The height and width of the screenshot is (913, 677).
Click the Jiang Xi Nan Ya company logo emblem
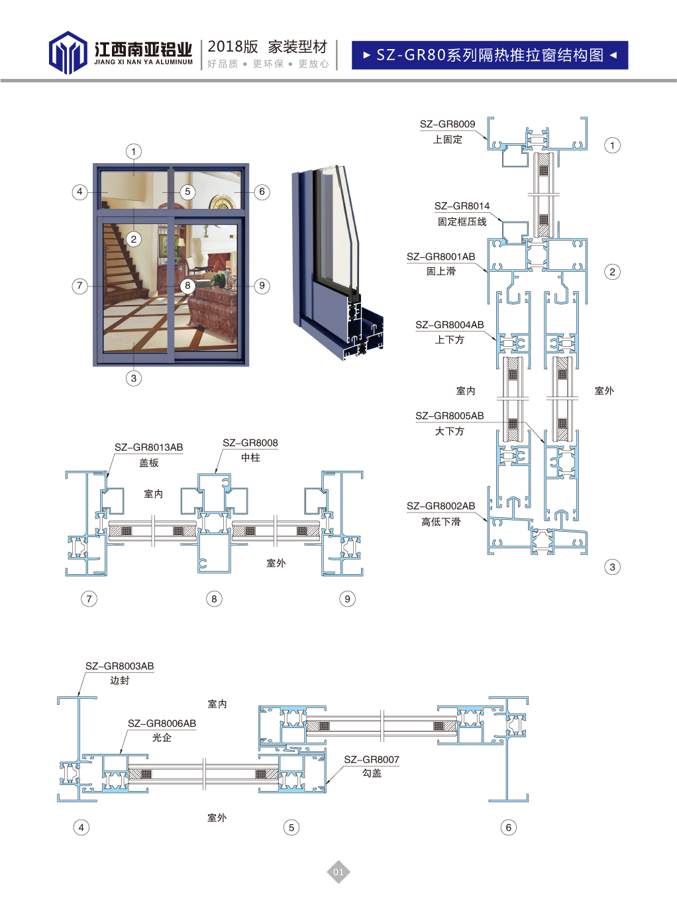point(68,53)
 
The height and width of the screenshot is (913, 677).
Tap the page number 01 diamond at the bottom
point(338,872)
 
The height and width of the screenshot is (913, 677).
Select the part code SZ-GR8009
point(447,124)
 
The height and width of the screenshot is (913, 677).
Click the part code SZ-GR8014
point(462,206)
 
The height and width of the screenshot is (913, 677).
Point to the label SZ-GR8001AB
point(441,257)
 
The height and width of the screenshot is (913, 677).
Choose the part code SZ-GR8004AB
point(449,325)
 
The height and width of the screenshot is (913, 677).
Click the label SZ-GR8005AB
point(449,416)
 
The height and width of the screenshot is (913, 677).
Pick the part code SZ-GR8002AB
point(441,506)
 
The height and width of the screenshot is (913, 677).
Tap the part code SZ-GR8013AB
point(148,448)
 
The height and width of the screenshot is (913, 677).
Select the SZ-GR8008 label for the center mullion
point(250,443)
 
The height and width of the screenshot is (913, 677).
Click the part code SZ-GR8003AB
point(119,666)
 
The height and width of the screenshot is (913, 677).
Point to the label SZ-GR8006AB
point(162,723)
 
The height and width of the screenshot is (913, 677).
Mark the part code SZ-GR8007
point(371,760)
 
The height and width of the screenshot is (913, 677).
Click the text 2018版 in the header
point(233,47)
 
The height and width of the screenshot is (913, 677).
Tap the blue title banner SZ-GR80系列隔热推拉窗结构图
point(490,55)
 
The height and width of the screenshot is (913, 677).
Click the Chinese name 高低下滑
point(441,522)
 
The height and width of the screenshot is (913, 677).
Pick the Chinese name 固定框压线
point(462,221)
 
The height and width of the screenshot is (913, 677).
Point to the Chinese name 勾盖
point(372,773)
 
